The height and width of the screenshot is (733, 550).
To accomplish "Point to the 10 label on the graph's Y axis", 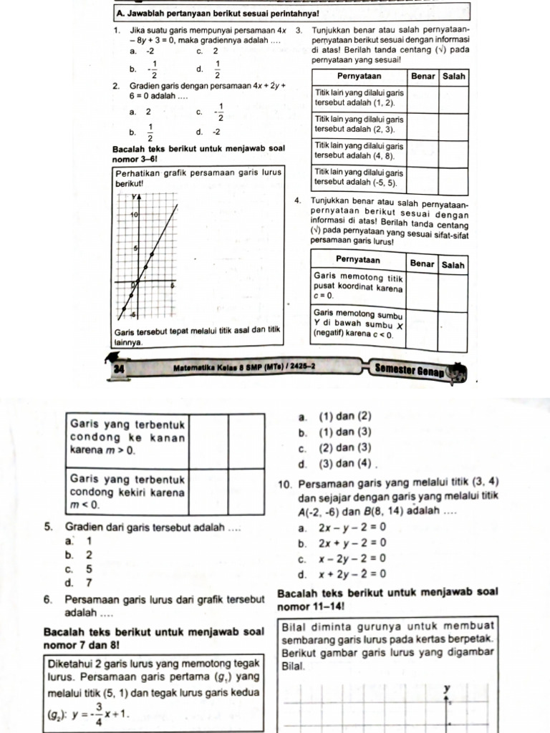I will (x=133, y=215).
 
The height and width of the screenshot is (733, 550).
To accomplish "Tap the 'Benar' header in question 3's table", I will (x=423, y=76).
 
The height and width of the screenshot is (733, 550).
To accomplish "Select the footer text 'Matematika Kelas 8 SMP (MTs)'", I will (x=226, y=369).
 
